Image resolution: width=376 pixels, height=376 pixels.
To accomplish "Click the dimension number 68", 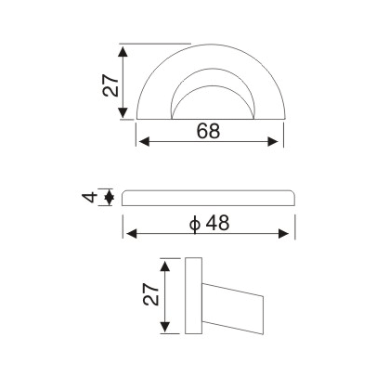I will [x=208, y=131].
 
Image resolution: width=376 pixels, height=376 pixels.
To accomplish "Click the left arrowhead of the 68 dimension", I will [x=142, y=142].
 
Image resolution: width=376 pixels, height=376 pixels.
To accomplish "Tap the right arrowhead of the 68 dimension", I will [x=275, y=142].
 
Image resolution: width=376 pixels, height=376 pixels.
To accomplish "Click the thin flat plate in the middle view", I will [x=209, y=197].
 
